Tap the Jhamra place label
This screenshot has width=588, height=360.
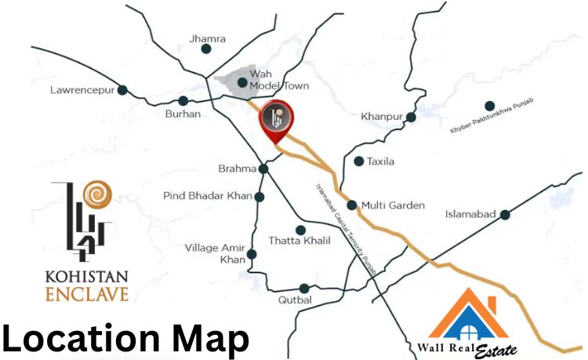(208, 38)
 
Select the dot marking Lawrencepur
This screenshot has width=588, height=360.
(122, 90)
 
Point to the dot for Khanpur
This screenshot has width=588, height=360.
(411, 117)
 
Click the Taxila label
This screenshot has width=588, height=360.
(380, 162)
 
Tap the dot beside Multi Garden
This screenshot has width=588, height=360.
(352, 205)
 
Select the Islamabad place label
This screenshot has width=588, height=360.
(470, 214)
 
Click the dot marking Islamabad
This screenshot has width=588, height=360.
(506, 214)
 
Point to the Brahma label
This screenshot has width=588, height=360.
(238, 169)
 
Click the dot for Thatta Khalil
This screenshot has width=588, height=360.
(300, 230)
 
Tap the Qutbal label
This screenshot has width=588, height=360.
(295, 300)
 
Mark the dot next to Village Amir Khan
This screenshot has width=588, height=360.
(252, 253)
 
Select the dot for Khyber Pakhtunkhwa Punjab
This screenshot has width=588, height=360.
(489, 106)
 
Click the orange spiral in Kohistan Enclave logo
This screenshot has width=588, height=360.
(99, 193)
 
